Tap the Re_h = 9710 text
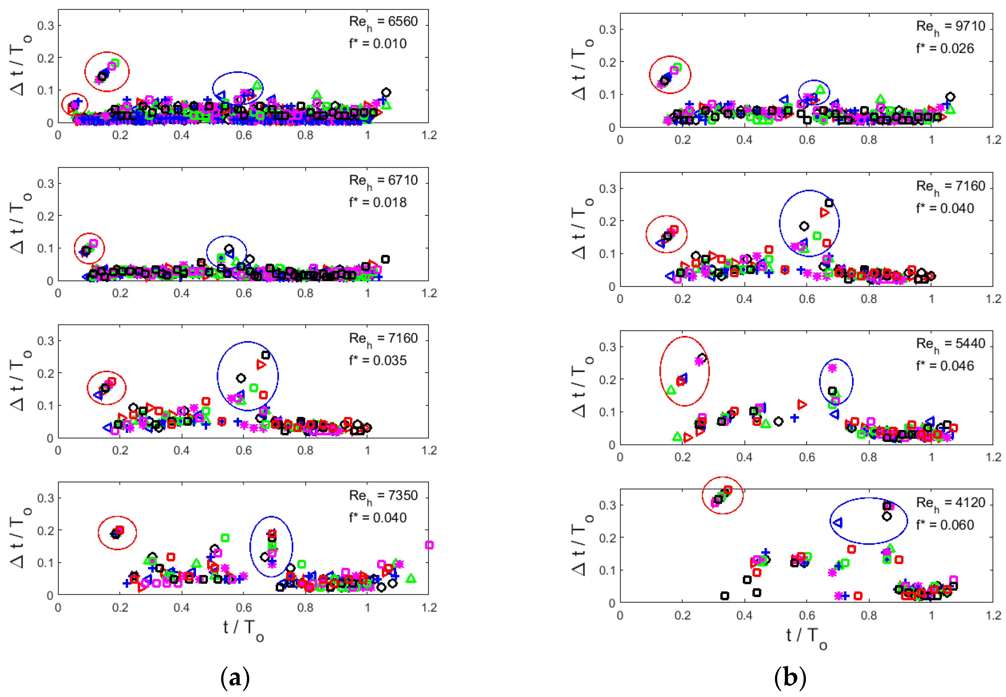point(950,27)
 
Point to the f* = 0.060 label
point(945,525)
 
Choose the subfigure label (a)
point(235,677)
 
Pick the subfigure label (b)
point(789,677)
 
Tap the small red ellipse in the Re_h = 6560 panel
point(75,104)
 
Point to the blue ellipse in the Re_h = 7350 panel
point(271,546)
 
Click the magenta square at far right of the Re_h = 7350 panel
point(429,545)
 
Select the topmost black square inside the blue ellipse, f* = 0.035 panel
point(265,355)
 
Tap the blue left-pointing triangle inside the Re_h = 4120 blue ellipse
point(837,522)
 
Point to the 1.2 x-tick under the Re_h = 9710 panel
point(993,140)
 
